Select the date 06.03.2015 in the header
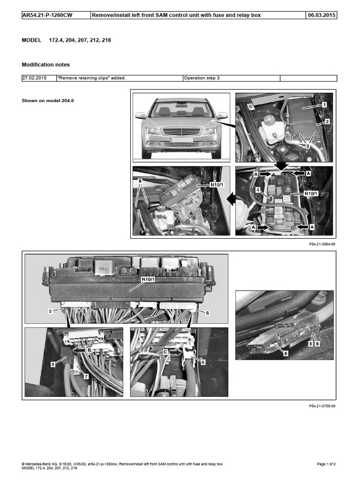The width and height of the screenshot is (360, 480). point(321,15)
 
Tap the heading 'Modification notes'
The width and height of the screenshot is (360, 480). point(46,65)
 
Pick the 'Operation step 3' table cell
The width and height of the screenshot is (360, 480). point(202,78)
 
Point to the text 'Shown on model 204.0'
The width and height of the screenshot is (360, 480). point(48,101)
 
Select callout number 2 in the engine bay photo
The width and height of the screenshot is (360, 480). point(327,121)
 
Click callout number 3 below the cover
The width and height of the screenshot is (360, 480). point(307,146)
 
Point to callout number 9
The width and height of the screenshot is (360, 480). point(140,180)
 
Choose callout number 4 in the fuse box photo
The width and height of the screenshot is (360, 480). point(257,190)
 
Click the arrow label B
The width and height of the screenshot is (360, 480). point(89,349)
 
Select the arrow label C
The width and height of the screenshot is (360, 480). point(165,350)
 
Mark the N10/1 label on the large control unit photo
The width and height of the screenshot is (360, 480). point(149,280)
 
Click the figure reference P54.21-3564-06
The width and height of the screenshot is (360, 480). point(322,244)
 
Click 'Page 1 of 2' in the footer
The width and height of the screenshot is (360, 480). point(326,464)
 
